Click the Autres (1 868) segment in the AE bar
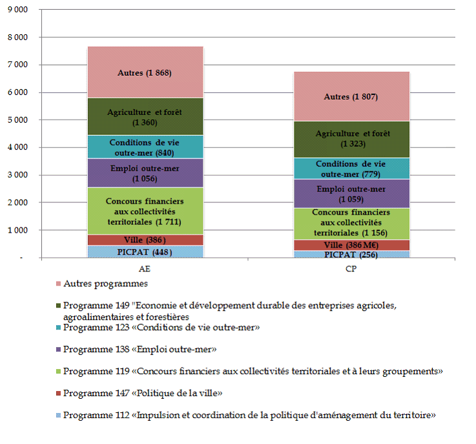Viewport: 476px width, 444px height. (145, 72)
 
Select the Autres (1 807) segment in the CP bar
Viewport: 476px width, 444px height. (351, 96)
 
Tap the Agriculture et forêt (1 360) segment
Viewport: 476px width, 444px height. (145, 116)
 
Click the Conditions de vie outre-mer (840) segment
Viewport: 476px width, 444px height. (145, 147)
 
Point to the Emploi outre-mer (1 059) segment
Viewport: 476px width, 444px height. (351, 193)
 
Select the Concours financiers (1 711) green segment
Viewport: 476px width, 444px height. (145, 211)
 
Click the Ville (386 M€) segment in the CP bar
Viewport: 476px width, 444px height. (351, 245)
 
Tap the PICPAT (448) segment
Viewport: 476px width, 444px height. (145, 252)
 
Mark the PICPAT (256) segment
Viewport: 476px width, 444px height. (351, 254)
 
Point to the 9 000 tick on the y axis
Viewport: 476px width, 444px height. (18, 10)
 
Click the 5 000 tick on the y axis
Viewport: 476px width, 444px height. (18, 120)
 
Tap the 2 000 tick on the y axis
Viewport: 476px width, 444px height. (18, 203)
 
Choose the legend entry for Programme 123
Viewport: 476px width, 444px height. (161, 328)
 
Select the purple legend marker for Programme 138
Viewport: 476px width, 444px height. (57, 350)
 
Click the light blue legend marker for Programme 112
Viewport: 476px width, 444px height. (57, 414)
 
